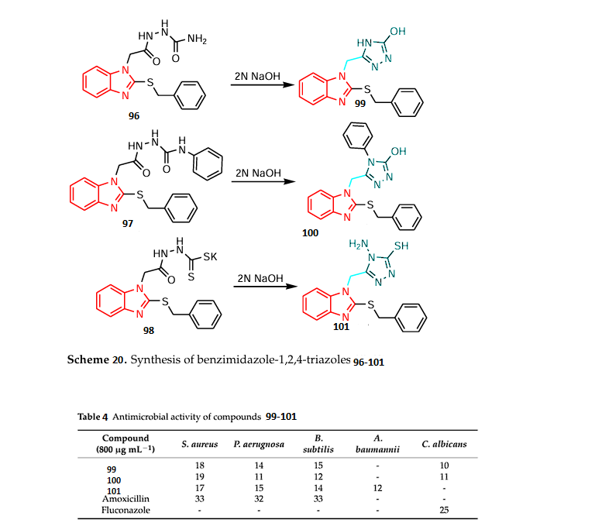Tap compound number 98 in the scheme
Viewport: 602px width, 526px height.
148,331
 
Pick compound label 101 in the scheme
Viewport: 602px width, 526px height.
341,327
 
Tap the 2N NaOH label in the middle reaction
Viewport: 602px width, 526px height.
258,173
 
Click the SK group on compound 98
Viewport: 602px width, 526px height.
211,256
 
